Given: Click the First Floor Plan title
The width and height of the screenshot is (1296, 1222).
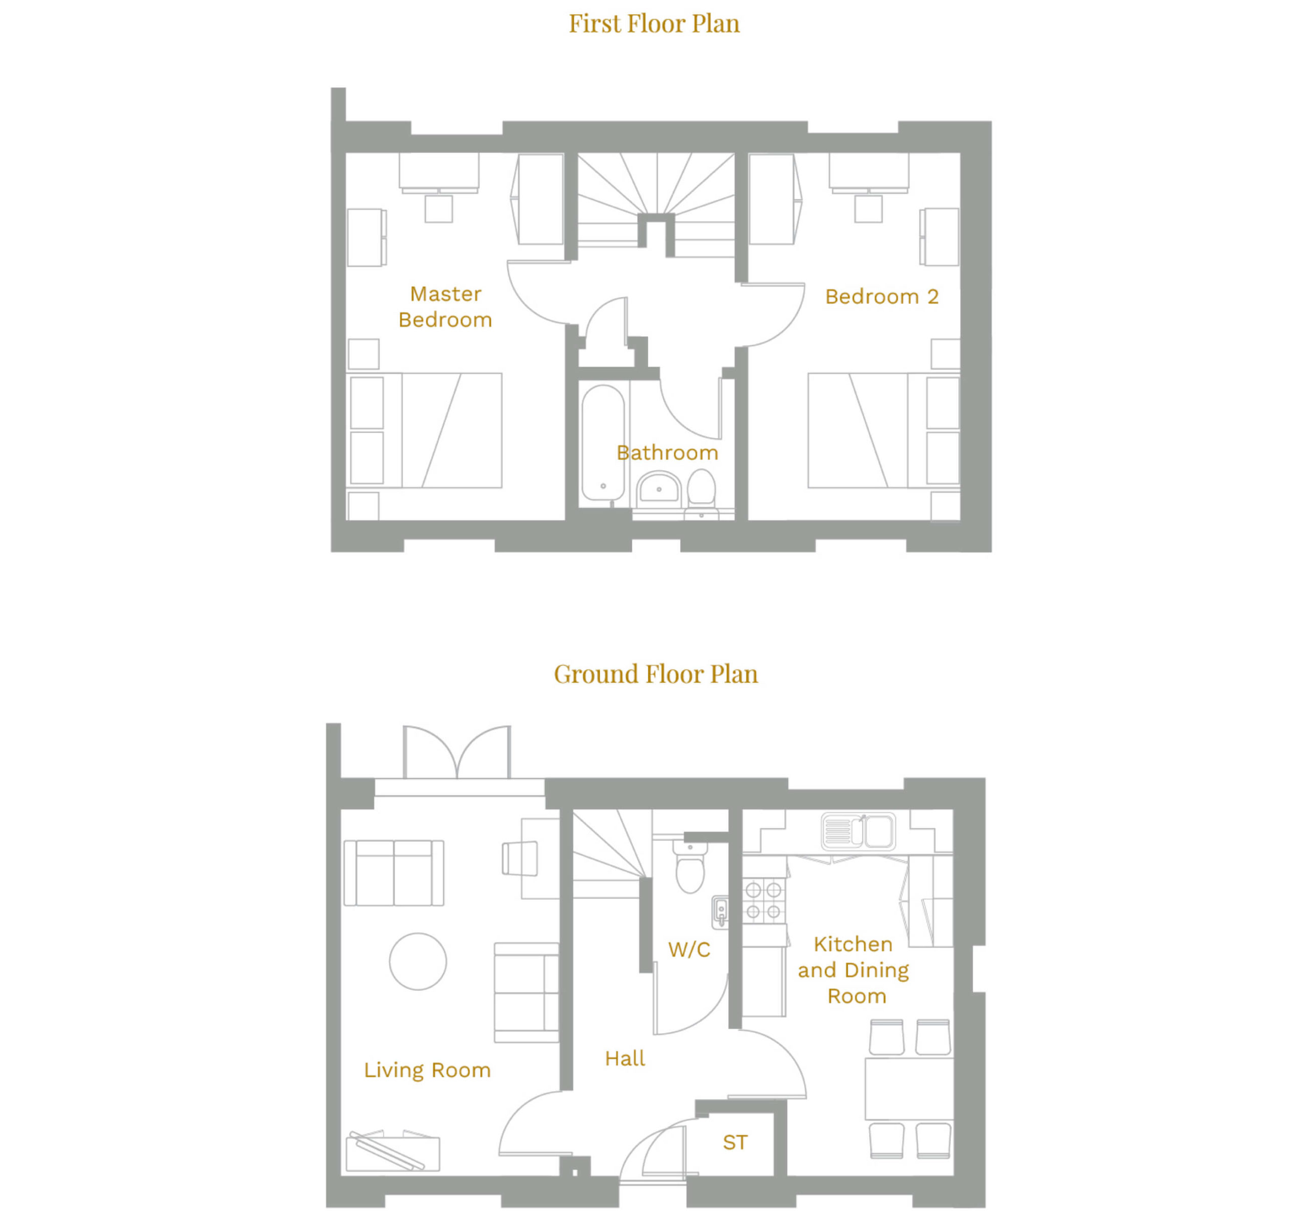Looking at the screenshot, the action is (x=654, y=23).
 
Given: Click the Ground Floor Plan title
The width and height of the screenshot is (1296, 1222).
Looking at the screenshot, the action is (x=656, y=674).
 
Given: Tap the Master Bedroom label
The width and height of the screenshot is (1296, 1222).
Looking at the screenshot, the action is (x=445, y=307).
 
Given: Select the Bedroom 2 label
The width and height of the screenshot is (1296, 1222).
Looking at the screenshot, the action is (x=881, y=297).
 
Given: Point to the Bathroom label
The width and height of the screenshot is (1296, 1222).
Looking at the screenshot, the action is (x=668, y=453).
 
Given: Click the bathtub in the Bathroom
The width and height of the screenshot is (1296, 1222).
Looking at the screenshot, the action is (x=603, y=442).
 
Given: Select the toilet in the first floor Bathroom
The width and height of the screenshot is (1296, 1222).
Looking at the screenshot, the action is (x=702, y=489).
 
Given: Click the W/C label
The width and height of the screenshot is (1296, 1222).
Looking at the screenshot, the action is (x=689, y=950).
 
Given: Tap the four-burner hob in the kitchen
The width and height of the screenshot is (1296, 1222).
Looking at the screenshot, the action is (x=763, y=900).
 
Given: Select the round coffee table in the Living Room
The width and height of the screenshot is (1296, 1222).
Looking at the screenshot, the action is (x=418, y=961).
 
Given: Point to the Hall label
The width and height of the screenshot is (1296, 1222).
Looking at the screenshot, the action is (x=625, y=1058).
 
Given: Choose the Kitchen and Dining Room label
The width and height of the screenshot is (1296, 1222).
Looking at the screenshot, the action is (x=854, y=970).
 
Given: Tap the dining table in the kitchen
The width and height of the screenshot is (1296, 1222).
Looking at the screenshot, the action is (x=909, y=1089).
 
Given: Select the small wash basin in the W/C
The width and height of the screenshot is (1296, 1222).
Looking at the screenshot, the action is (x=720, y=911).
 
